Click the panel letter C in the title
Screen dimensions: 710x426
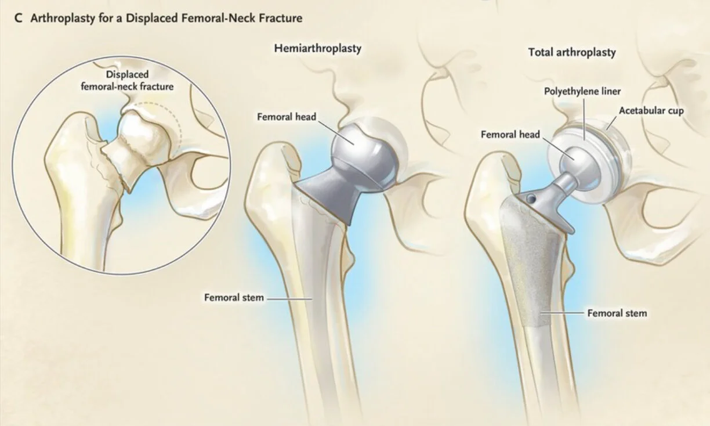(19, 19)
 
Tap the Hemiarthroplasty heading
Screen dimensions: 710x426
(317, 48)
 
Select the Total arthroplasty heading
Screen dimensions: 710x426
(572, 52)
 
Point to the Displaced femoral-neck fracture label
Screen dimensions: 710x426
(127, 81)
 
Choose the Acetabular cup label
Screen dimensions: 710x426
(651, 110)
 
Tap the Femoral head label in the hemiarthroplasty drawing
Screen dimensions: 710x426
(287, 117)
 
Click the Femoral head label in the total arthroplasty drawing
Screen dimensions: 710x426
(510, 135)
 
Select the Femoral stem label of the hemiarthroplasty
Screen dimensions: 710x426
(234, 298)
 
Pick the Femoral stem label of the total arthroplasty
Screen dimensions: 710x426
(617, 313)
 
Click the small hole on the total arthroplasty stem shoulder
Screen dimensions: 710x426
(529, 198)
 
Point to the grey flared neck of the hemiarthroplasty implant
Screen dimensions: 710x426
(329, 194)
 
